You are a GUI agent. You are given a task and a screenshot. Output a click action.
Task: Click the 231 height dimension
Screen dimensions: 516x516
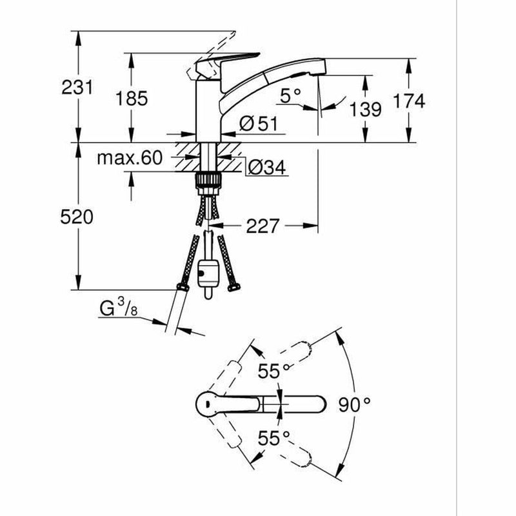coord(77,88)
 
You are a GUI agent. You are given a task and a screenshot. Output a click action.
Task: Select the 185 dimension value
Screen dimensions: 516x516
coord(132,99)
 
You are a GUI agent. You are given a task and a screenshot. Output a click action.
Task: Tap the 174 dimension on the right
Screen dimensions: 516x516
coord(409,101)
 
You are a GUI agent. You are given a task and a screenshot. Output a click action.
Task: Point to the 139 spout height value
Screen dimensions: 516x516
coord(365,109)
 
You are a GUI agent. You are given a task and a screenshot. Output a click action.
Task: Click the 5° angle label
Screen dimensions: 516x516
coord(290,95)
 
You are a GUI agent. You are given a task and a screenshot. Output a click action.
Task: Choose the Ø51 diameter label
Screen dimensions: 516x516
coord(259,123)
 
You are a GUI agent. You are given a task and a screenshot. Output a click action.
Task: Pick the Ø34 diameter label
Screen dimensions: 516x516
coord(267,168)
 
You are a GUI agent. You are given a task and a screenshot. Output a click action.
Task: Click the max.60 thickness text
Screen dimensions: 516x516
coord(130,158)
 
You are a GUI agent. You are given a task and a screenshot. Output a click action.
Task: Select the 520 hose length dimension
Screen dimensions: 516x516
coord(77,217)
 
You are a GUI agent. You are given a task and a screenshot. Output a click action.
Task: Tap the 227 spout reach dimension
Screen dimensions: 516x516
coord(263,226)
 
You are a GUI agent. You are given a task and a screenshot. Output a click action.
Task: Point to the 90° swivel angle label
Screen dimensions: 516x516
coord(354,404)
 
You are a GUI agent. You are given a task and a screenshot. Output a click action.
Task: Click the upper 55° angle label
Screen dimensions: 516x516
coord(273,372)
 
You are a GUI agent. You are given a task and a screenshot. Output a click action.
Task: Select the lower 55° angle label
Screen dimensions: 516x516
coord(273,438)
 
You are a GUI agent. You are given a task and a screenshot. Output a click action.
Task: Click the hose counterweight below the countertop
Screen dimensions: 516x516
coord(208,273)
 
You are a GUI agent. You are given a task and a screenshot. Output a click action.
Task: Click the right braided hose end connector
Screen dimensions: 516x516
coord(233,287)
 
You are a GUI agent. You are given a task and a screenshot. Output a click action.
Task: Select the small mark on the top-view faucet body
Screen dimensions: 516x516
coord(207,404)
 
